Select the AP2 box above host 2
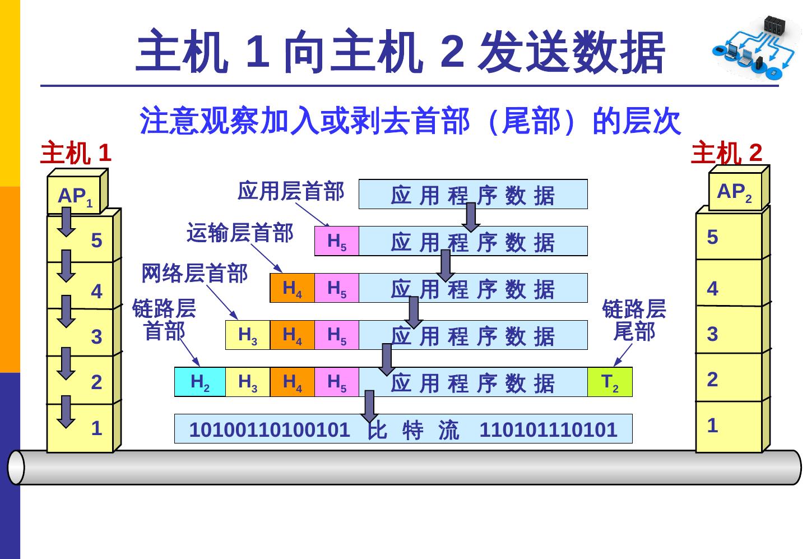pyautogui.click(x=735, y=192)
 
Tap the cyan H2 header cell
pyautogui.click(x=200, y=382)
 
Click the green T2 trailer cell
pyautogui.click(x=610, y=382)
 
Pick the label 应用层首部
pyautogui.click(x=290, y=191)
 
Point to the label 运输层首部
pyautogui.click(x=240, y=232)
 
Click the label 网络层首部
pyautogui.click(x=194, y=274)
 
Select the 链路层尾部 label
pyautogui.click(x=634, y=320)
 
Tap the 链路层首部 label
pyautogui.click(x=164, y=320)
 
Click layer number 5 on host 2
pyautogui.click(x=712, y=237)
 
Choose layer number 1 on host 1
pyautogui.click(x=96, y=428)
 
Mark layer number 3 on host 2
pyautogui.click(x=712, y=334)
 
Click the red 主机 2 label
pyautogui.click(x=727, y=153)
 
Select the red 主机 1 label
pyautogui.click(x=76, y=153)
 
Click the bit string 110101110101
pyautogui.click(x=548, y=429)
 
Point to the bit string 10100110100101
pyautogui.click(x=269, y=429)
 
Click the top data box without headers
pyautogui.click(x=473, y=195)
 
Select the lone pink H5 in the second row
pyautogui.click(x=337, y=241)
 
